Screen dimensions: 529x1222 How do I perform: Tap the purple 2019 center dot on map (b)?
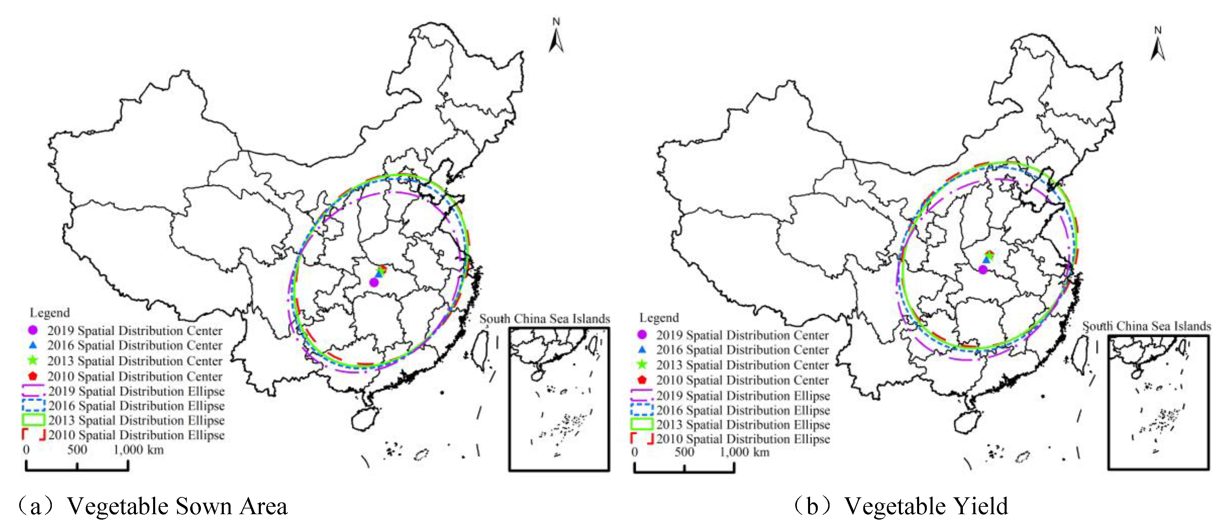(982, 269)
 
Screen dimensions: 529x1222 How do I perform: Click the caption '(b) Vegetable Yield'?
(900, 506)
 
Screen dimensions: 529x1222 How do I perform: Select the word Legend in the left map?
(50, 313)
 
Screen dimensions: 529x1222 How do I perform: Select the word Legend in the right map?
(659, 318)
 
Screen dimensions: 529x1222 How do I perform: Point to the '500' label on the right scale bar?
(684, 452)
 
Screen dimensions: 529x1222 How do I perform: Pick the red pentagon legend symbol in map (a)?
(33, 376)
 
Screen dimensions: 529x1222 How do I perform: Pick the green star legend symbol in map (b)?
(642, 364)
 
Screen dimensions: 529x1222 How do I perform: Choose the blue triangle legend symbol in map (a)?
(33, 345)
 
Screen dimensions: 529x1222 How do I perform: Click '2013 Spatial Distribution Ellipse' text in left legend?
(136, 420)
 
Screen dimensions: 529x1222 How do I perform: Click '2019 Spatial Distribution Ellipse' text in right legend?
(743, 395)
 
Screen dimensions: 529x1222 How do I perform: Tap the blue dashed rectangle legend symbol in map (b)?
(642, 409)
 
